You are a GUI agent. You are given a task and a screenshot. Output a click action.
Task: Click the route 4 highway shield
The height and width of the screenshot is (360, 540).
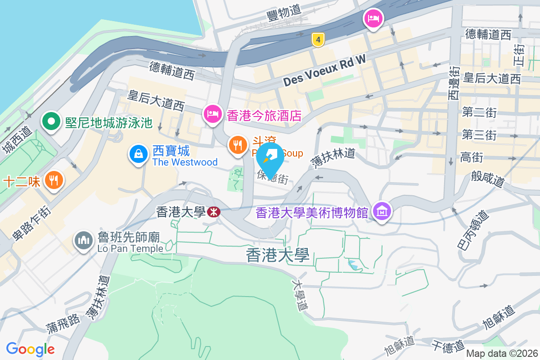click(318, 40)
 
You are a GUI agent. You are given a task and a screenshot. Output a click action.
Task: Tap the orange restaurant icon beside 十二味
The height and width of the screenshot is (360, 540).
click(54, 180)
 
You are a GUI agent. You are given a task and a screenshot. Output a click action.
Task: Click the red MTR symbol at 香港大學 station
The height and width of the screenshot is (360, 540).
click(214, 212)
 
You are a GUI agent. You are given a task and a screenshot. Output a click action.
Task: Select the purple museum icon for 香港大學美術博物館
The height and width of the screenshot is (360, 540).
click(382, 211)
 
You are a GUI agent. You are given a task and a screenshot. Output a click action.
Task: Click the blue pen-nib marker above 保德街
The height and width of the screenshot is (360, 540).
click(270, 158)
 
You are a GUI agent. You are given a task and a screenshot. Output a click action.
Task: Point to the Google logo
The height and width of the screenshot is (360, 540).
click(30, 349)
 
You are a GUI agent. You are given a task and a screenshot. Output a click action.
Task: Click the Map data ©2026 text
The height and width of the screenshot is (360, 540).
click(502, 354)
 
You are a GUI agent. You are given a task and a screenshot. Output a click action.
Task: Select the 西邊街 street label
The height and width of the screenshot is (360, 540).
click(453, 83)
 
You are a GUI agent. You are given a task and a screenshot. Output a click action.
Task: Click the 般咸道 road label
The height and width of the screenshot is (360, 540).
click(488, 178)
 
